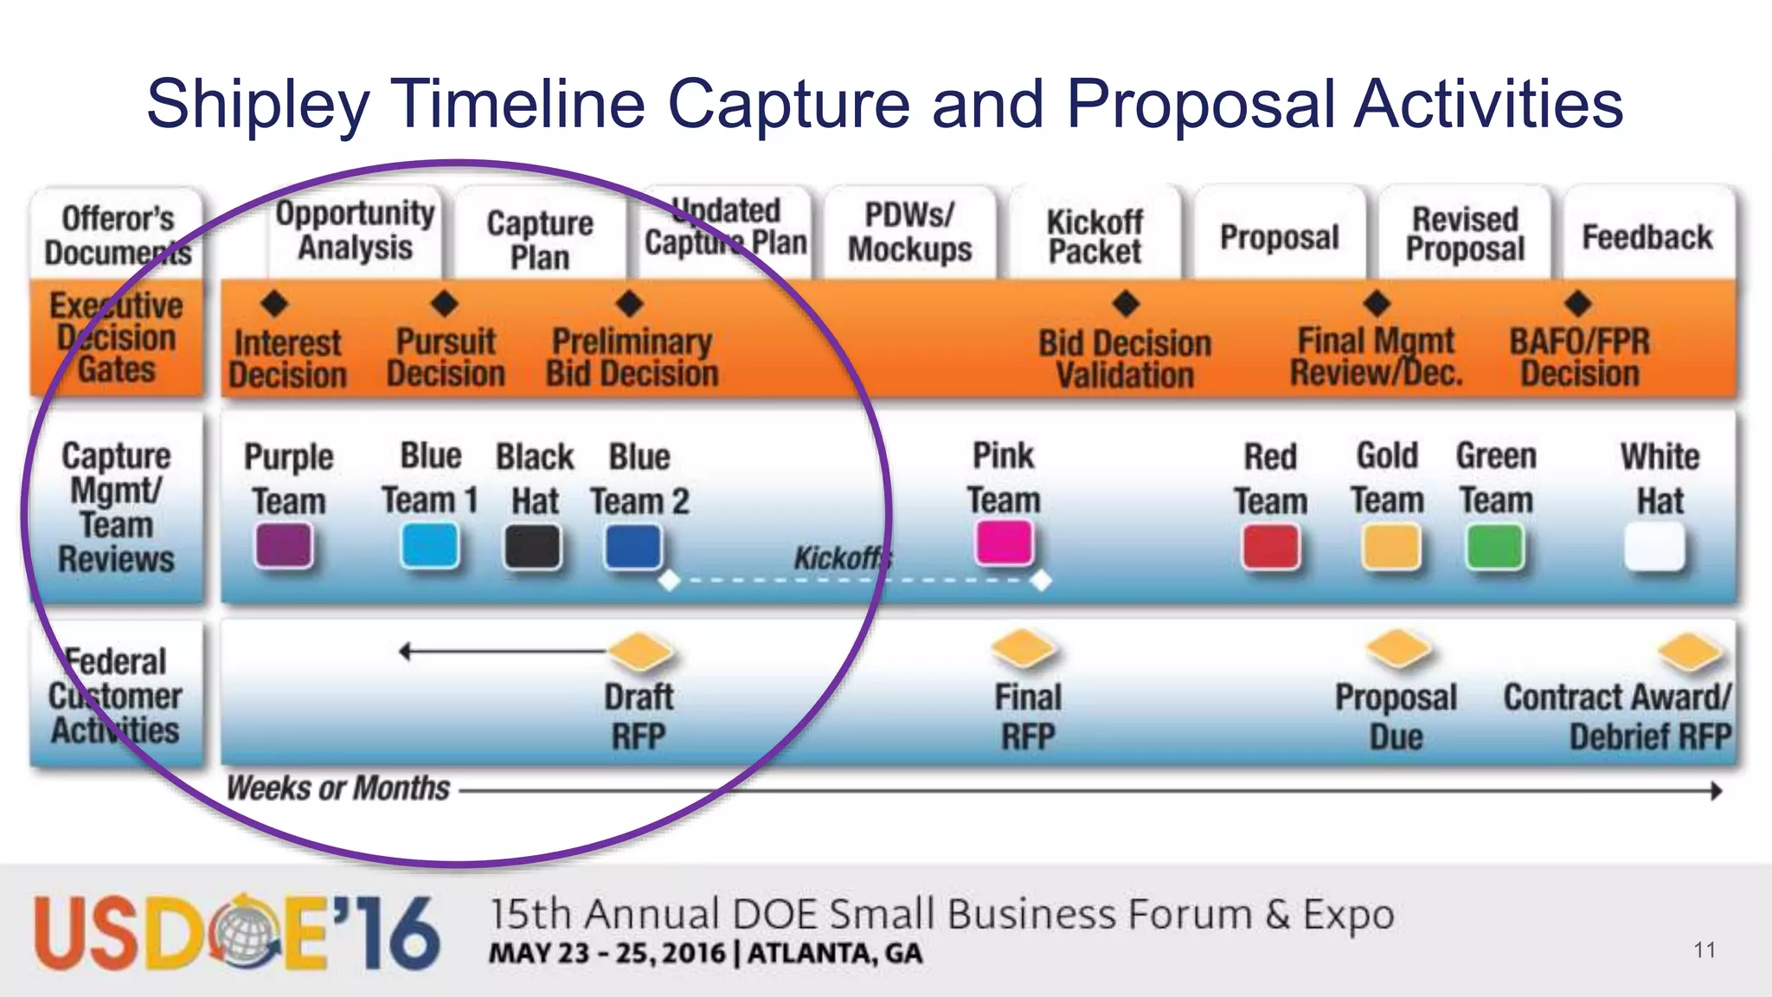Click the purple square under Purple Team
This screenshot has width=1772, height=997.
[284, 547]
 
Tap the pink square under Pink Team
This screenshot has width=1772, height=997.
[1004, 544]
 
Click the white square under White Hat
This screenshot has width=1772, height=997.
[1654, 548]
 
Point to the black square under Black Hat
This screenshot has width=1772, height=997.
[532, 547]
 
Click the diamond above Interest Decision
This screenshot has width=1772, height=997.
[274, 303]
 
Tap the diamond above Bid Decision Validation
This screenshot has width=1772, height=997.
[1126, 303]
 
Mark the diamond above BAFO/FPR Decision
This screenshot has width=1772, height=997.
[1578, 303]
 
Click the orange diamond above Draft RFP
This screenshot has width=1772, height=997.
[640, 651]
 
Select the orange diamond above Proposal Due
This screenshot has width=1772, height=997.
[1397, 649]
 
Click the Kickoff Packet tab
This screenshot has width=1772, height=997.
[1095, 235]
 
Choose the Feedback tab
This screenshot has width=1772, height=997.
[1647, 236]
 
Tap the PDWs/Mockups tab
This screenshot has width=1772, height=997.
[909, 232]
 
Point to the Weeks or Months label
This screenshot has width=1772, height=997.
[337, 788]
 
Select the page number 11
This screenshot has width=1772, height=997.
[1705, 950]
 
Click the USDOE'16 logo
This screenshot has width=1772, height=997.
[236, 933]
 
